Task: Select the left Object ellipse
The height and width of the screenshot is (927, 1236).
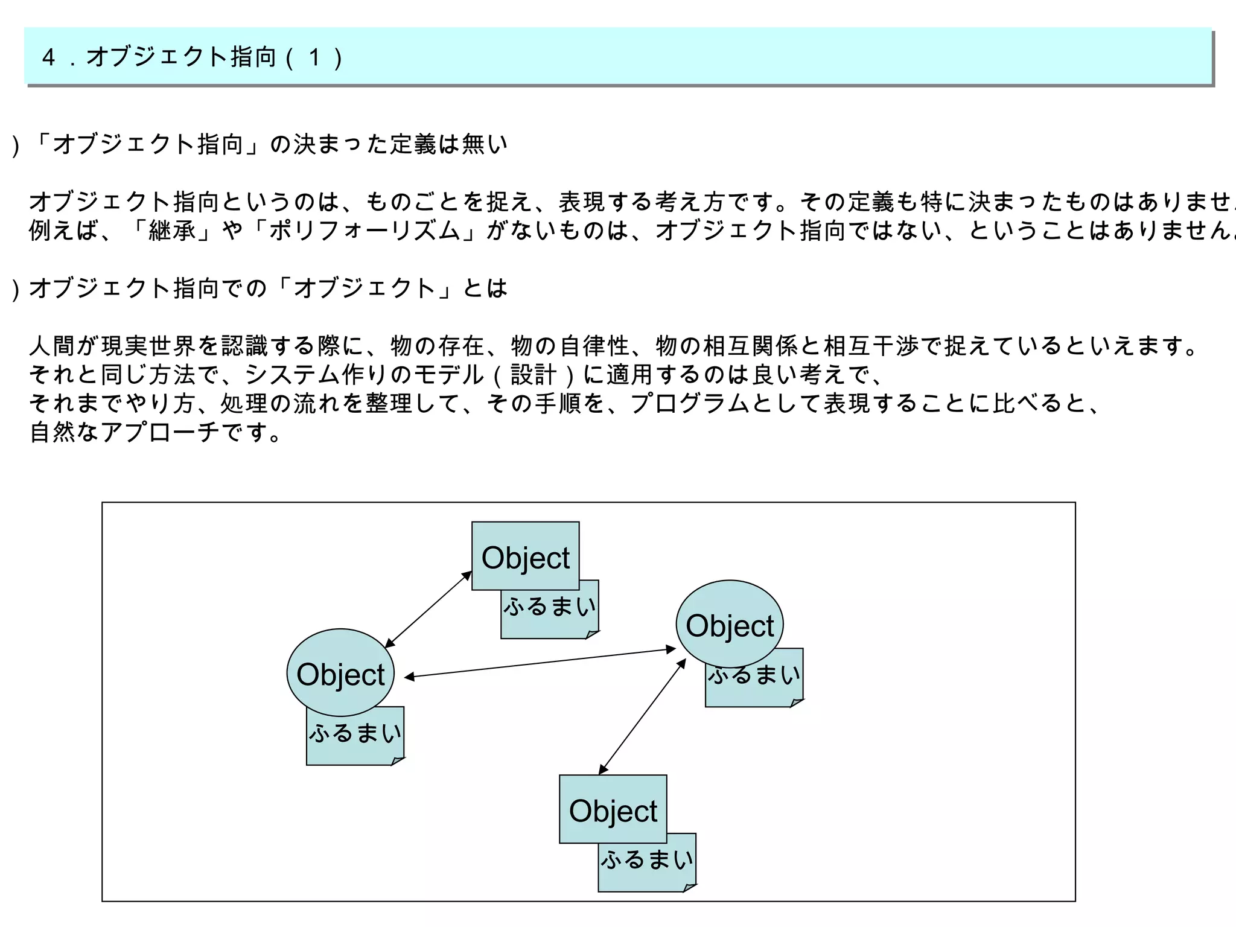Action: click(x=340, y=673)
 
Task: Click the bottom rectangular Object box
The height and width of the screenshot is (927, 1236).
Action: click(x=613, y=809)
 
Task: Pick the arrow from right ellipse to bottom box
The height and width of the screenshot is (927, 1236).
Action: click(x=642, y=716)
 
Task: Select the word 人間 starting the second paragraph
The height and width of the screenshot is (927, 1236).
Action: click(x=52, y=346)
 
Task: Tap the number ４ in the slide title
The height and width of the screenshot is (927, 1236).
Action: click(x=49, y=57)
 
